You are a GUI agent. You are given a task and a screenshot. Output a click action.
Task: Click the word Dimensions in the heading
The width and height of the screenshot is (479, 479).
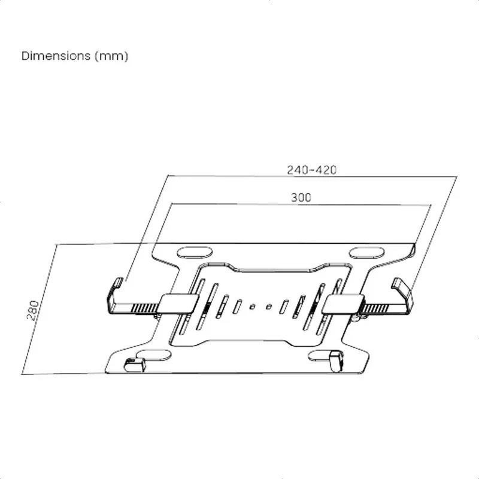56,56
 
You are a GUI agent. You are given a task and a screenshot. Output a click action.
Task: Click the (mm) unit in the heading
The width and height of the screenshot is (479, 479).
111,56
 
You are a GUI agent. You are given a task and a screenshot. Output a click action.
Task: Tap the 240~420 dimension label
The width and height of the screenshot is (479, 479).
312,170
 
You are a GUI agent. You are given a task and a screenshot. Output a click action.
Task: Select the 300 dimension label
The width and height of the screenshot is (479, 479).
301,198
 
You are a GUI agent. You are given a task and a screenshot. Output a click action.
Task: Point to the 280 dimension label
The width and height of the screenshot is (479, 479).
33,310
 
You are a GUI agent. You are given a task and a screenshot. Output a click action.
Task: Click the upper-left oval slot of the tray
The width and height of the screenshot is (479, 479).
195,253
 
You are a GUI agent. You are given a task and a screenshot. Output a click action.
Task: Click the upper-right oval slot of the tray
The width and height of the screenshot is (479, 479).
366,253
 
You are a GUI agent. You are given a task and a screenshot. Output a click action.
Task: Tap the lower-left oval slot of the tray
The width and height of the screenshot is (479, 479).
154,355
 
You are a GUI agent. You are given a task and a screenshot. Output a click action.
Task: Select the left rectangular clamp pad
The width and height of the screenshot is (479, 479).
178,304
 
